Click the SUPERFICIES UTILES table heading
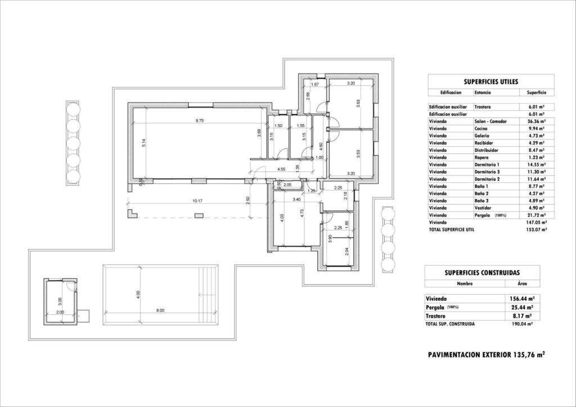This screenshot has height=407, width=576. (484, 81)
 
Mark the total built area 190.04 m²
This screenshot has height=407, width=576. (521, 324)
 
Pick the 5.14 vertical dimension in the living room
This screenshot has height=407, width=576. (144, 143)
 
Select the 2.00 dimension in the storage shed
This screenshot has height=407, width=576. (61, 312)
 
